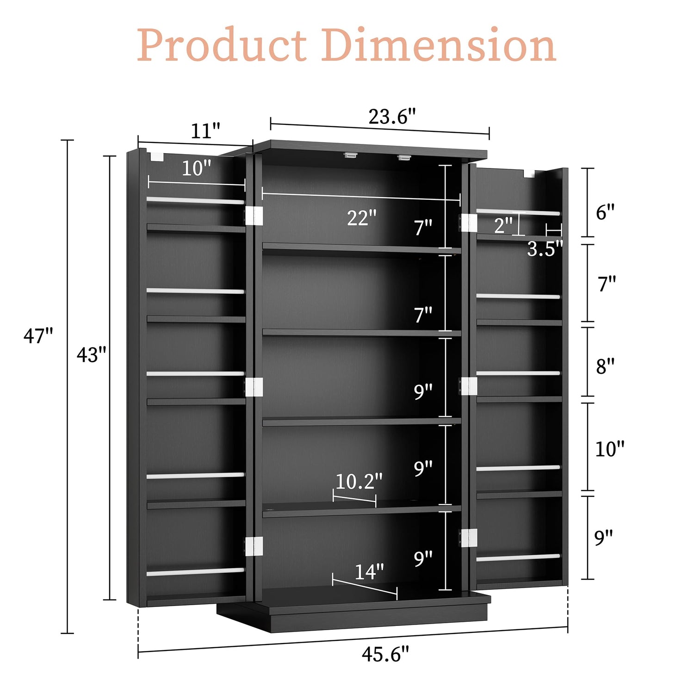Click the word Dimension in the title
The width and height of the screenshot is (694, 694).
pyautogui.click(x=439, y=44)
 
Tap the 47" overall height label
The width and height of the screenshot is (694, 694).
pyautogui.click(x=38, y=335)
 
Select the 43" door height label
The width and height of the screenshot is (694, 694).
pyautogui.click(x=92, y=354)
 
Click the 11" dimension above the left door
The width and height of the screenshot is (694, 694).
pyautogui.click(x=205, y=131)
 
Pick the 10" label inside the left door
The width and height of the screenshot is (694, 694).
pyautogui.click(x=196, y=168)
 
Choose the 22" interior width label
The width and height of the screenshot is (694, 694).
pyautogui.click(x=362, y=217)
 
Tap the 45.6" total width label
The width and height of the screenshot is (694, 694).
pyautogui.click(x=385, y=654)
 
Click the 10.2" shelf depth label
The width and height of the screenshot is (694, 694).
pyautogui.click(x=359, y=481)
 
